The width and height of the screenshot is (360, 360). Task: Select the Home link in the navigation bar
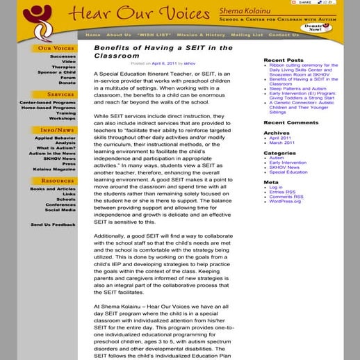click(92, 35)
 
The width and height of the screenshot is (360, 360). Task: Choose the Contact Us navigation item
click(284, 35)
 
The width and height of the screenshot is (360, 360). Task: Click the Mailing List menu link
click(245, 35)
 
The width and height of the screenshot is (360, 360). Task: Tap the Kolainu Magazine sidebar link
click(56, 169)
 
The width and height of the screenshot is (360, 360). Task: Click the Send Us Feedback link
click(53, 224)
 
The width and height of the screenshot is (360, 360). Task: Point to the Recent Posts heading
click(284, 60)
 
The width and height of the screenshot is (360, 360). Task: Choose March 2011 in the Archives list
click(281, 142)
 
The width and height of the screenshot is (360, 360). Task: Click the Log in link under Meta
click(276, 187)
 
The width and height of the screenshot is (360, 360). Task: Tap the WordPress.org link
click(285, 202)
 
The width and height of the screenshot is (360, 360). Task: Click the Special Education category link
click(288, 172)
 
